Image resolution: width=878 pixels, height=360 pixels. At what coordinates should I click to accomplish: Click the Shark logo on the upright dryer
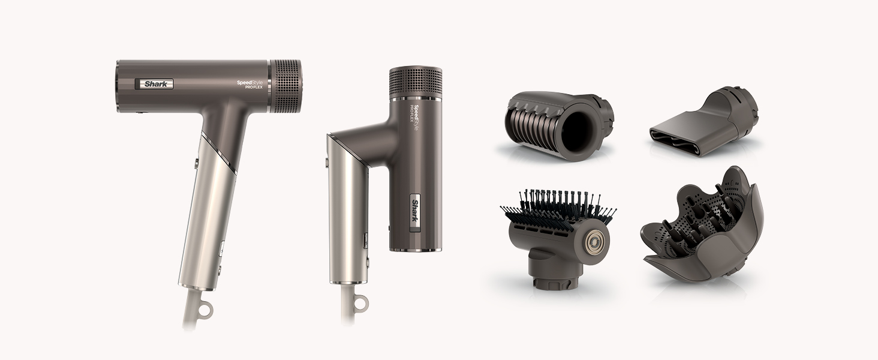tap(154, 83)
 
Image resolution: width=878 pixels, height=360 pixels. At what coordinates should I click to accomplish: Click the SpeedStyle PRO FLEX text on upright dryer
tap(252, 84)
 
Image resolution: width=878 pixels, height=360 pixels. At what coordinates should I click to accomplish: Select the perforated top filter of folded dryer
tap(416, 82)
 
